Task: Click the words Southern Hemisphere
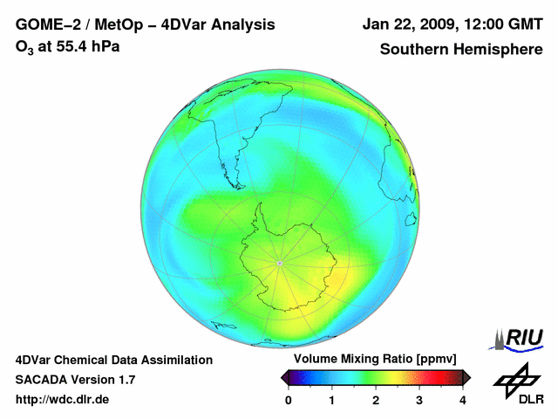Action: [x=461, y=50]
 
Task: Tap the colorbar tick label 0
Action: [x=289, y=400]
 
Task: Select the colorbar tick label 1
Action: [x=332, y=400]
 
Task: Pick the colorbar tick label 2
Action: [x=376, y=400]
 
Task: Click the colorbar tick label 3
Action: [x=419, y=400]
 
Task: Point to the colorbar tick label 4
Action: [x=463, y=400]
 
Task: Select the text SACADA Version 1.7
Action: [x=75, y=380]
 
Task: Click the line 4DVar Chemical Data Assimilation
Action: [x=114, y=360]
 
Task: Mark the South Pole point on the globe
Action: [x=279, y=263]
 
